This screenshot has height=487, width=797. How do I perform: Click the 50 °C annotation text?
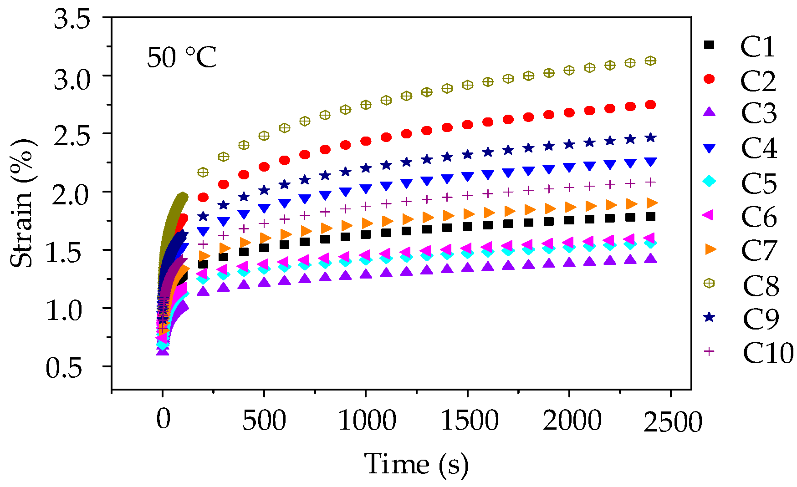[x=182, y=58]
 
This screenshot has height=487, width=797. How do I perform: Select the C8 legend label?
[x=760, y=285]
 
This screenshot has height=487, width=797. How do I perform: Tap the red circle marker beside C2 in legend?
[x=709, y=79]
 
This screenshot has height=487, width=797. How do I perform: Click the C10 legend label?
[x=768, y=352]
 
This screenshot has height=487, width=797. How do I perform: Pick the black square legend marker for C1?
[x=709, y=45]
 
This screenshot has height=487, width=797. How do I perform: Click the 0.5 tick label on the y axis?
[x=64, y=368]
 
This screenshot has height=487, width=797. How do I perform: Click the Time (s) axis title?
[x=416, y=464]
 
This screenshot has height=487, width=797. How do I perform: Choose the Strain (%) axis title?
[x=22, y=203]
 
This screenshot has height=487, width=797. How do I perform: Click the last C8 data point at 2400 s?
[x=650, y=61]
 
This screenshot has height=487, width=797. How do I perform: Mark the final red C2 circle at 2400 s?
[x=650, y=105]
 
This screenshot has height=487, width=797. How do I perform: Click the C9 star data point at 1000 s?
[x=366, y=168]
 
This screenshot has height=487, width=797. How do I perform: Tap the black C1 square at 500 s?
[x=264, y=248]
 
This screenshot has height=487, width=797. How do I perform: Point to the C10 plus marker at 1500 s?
[x=468, y=195]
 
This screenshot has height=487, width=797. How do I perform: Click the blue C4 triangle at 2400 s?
[x=650, y=162]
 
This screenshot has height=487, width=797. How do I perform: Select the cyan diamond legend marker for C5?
[x=709, y=181]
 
